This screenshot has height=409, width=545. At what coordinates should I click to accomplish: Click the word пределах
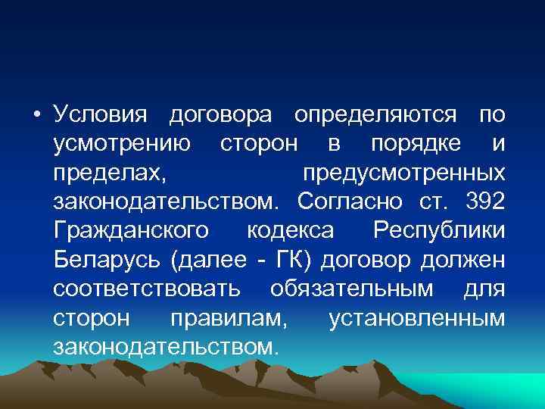click(109, 173)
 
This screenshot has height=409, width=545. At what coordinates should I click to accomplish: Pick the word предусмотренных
click(403, 173)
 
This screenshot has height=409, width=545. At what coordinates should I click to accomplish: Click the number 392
click(482, 201)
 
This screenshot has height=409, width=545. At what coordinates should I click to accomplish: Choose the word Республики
click(439, 230)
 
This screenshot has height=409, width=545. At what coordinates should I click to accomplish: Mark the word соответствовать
click(148, 289)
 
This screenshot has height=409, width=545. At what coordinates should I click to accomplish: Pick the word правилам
click(229, 317)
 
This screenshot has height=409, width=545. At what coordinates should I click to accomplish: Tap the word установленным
click(417, 317)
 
